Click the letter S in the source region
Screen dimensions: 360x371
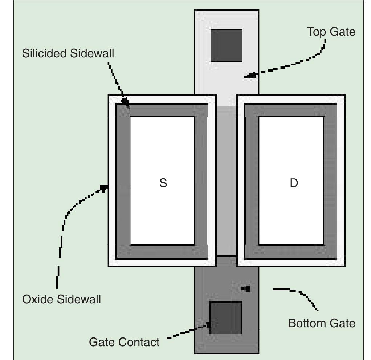[x=163, y=183]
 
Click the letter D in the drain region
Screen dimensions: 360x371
[x=294, y=183]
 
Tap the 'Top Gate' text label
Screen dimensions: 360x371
[x=331, y=32]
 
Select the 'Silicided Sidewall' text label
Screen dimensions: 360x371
[x=68, y=53]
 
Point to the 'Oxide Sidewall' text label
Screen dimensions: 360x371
[x=61, y=299]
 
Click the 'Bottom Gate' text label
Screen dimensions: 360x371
[x=322, y=323]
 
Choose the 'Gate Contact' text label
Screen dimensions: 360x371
[x=124, y=342]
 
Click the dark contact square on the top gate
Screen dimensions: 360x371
[x=227, y=46]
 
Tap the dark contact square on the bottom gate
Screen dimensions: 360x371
[x=226, y=317]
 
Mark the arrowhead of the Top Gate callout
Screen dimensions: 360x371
[x=250, y=75]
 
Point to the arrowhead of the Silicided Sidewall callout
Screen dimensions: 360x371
[x=126, y=103]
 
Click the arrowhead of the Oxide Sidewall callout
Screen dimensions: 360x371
[x=104, y=188]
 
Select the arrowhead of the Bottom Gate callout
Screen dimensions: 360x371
[x=246, y=288]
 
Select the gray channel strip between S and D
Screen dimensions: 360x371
[x=227, y=182]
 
